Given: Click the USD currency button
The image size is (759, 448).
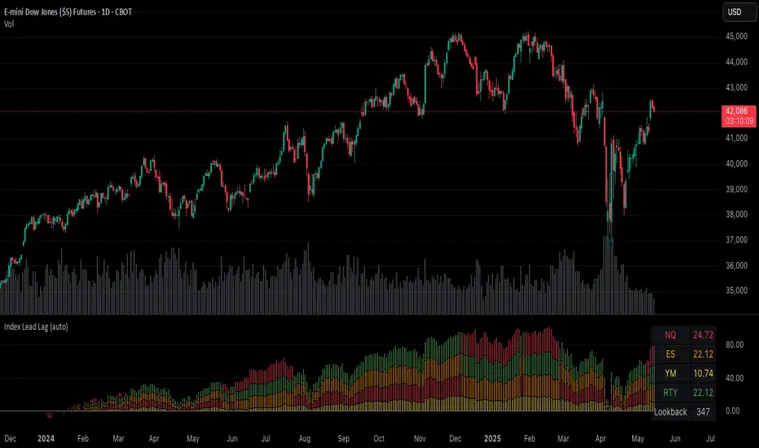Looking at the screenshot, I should (735, 12).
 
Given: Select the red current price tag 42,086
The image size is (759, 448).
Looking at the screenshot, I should (735, 111).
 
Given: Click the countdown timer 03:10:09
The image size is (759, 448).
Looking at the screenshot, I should (735, 121).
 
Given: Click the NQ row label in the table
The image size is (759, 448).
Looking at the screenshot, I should (670, 335).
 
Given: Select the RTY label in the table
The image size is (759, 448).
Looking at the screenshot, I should (670, 393).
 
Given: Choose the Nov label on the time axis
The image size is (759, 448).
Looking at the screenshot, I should (421, 438).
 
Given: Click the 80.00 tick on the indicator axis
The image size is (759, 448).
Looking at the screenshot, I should (735, 345).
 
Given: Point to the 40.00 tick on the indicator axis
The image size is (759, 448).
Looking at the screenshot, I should (735, 378).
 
